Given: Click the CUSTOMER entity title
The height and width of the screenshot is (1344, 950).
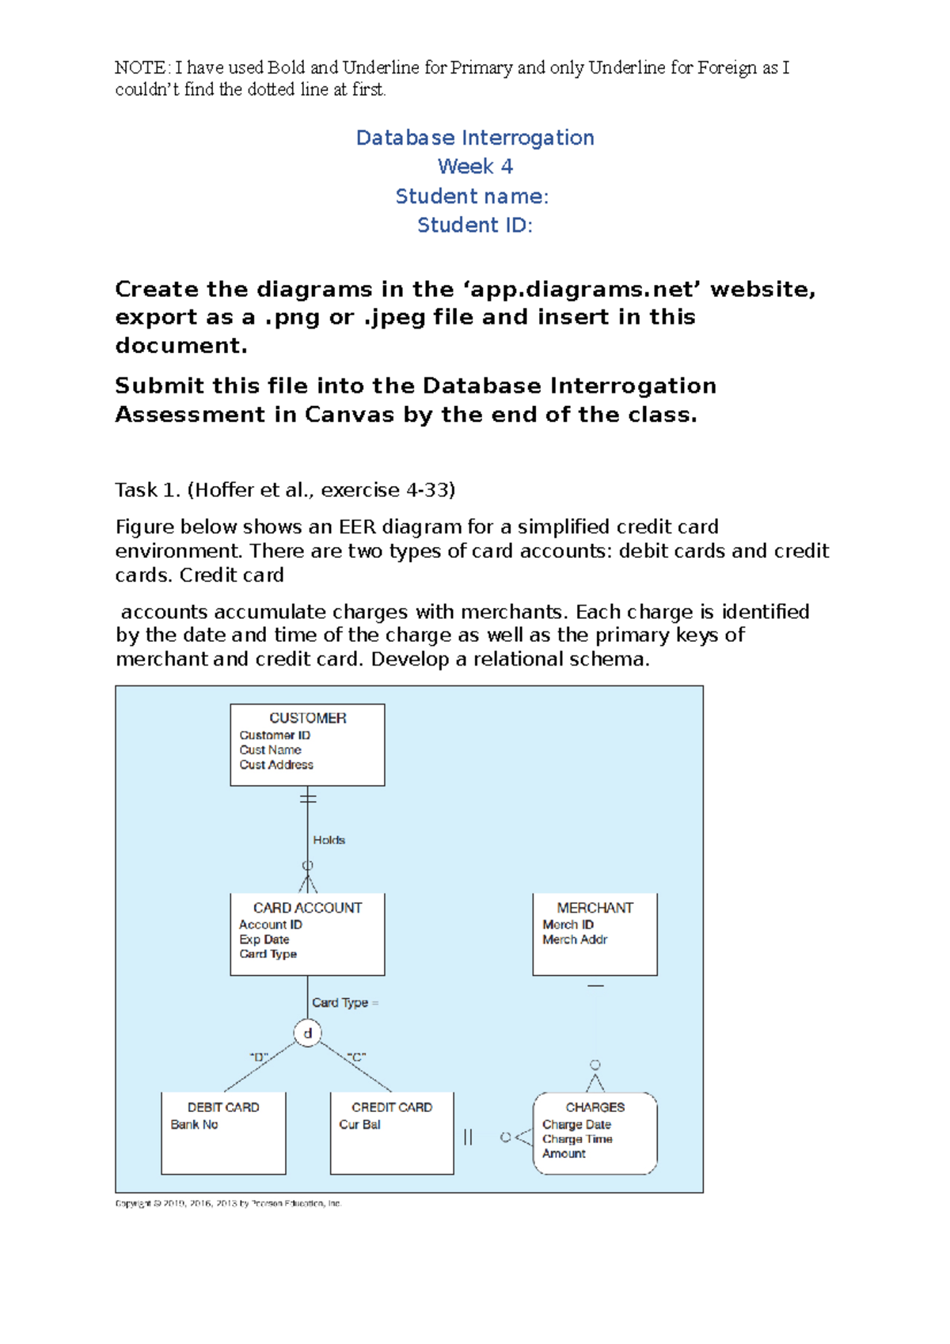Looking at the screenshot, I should click(307, 718).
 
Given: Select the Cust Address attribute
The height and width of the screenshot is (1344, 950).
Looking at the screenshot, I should click(276, 765).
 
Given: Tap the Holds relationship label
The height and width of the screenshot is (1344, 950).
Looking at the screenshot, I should click(329, 840).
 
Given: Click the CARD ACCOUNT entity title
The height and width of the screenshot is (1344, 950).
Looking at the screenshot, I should click(307, 908).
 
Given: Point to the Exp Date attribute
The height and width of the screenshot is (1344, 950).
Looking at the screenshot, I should click(264, 940).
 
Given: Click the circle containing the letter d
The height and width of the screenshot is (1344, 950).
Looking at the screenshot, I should click(308, 1033).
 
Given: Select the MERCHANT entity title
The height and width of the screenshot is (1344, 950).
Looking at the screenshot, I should click(595, 908).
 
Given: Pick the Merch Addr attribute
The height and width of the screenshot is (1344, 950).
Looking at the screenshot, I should click(575, 940).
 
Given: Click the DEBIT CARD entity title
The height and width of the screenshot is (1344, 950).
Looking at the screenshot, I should click(223, 1107).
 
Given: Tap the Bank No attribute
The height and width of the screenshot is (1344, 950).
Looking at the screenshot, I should click(194, 1125).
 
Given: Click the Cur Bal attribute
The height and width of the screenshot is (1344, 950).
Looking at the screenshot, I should click(359, 1125).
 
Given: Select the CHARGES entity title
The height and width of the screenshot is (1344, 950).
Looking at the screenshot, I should click(595, 1107).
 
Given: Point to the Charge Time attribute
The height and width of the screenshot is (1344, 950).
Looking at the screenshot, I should click(577, 1139).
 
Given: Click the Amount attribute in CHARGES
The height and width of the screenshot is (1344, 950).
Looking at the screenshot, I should click(564, 1154).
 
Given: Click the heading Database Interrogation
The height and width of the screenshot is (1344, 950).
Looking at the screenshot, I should click(475, 138).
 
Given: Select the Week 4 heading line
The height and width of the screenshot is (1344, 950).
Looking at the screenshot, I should click(475, 167).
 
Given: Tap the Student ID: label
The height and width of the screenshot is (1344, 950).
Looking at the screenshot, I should click(475, 226).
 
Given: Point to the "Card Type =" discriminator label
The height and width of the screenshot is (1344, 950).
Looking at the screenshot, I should click(344, 1003).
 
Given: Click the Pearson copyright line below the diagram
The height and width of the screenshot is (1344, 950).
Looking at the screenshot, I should click(228, 1203).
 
